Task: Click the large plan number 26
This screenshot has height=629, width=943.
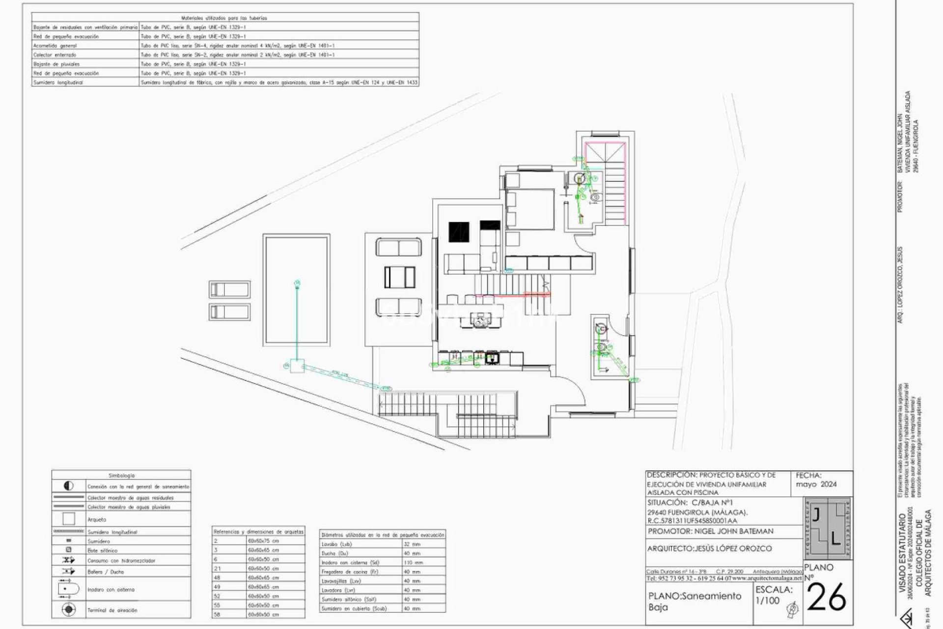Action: [x=827, y=598]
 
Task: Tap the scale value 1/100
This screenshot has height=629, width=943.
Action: [x=767, y=600]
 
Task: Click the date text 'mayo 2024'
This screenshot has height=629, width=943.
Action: [x=816, y=484]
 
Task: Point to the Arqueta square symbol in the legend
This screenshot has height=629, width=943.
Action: [x=69, y=519]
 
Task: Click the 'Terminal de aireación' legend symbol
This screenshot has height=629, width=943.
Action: [x=69, y=610]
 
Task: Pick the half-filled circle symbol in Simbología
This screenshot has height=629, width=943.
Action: [x=69, y=486]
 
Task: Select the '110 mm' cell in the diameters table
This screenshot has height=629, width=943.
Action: [x=413, y=562]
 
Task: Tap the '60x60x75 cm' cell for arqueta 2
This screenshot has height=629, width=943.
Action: [x=263, y=541]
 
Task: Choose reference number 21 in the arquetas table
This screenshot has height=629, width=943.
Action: [x=217, y=568]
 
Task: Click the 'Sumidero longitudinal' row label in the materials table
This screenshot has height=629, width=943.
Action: [x=58, y=83]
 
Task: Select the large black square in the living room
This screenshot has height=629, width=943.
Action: [x=458, y=232]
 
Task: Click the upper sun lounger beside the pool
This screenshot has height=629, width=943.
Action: [x=229, y=289]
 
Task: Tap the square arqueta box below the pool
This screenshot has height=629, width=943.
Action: [x=297, y=366]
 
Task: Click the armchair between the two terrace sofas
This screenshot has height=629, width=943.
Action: [x=399, y=277]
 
